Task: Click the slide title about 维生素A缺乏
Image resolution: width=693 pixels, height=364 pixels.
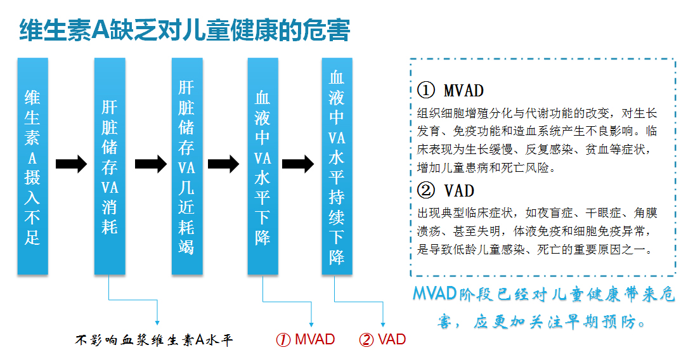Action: coord(185,30)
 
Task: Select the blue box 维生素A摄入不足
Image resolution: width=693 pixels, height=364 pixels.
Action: coord(33,166)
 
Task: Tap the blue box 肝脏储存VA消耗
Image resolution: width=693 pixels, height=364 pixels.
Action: coord(110,166)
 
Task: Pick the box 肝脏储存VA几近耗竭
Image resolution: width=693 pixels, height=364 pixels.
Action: coord(187,166)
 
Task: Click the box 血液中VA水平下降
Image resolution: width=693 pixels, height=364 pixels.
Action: coord(263,166)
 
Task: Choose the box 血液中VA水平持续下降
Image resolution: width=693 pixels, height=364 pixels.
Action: coord(337,166)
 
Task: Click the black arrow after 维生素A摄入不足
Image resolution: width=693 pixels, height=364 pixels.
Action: coord(71,164)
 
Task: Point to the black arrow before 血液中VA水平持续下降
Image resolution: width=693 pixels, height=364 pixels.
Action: coord(298,164)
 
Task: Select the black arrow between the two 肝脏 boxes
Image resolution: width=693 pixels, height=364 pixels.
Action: coord(151,164)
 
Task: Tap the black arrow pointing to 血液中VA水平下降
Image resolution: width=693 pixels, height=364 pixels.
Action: coord(224,164)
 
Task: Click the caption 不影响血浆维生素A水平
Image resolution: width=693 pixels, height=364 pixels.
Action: coord(154,340)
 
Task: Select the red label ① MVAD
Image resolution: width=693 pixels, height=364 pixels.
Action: coord(306,340)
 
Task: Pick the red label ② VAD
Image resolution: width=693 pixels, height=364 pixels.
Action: coord(382,340)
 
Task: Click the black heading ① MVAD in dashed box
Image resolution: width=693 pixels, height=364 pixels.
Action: coord(450,91)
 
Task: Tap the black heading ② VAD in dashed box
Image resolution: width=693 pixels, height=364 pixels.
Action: coord(446,191)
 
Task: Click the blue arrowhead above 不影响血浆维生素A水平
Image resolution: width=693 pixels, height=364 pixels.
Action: coord(157,323)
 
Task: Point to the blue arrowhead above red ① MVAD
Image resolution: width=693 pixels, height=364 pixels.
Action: coord(311,324)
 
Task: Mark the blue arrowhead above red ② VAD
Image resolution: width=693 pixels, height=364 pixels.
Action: coord(383,324)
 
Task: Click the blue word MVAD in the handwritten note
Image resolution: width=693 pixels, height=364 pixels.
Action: coord(434,293)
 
